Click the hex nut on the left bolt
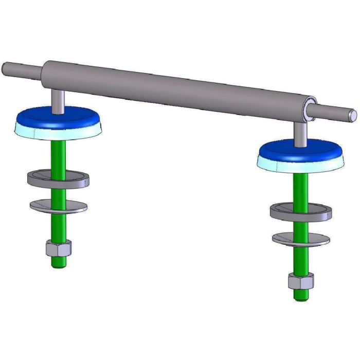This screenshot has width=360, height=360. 58,249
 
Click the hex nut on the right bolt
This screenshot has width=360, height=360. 300,281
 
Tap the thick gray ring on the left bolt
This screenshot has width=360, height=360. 58,179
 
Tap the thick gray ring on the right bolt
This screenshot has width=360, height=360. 301,211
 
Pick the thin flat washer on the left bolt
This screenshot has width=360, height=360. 58,205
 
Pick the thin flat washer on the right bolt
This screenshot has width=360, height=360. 301,239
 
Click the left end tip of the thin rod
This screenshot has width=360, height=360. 5,67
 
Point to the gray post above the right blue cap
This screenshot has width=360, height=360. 301,132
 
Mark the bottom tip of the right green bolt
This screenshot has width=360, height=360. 300,297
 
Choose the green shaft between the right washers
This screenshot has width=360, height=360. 301,227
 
